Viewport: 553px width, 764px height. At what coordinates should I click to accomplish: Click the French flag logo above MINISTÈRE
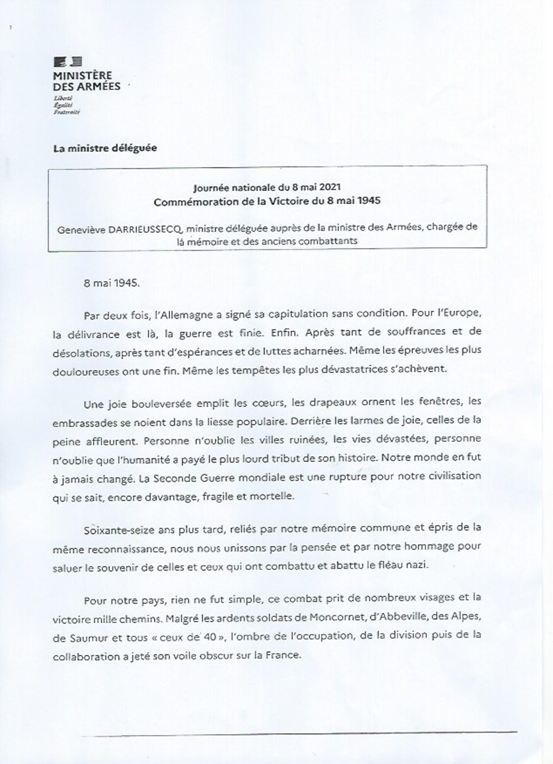(68, 62)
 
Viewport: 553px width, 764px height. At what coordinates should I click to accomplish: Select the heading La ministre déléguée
(105, 149)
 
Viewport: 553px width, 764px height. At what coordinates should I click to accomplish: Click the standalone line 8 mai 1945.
(111, 283)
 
